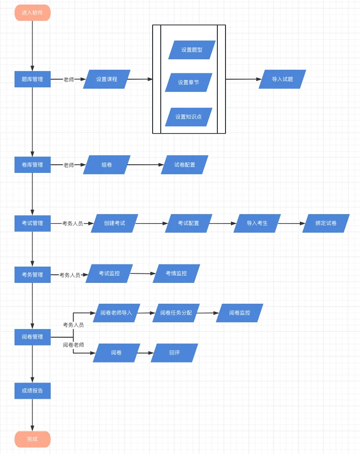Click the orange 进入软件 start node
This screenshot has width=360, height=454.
[32, 13]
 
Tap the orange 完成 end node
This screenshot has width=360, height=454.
[32, 439]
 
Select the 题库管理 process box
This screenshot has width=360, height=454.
[32, 79]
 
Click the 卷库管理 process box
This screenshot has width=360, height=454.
[32, 165]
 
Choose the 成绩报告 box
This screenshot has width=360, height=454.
[32, 391]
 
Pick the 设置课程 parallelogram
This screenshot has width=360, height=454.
[107, 79]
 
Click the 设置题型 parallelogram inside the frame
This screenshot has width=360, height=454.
[192, 50]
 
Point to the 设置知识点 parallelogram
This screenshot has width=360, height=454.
[188, 117]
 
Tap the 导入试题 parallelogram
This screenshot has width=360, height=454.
[282, 79]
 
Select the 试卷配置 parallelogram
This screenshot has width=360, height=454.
[185, 165]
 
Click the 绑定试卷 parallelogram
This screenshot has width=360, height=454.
[326, 223]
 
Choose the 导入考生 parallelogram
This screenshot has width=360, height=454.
[257, 223]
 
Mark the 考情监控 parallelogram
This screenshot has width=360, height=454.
[176, 273]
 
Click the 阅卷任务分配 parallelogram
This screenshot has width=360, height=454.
[176, 313]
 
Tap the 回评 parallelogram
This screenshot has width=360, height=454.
[174, 353]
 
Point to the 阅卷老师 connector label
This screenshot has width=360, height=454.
[73, 345]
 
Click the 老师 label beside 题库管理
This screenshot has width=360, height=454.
[68, 79]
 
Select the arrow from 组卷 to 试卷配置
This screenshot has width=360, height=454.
[145, 165]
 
